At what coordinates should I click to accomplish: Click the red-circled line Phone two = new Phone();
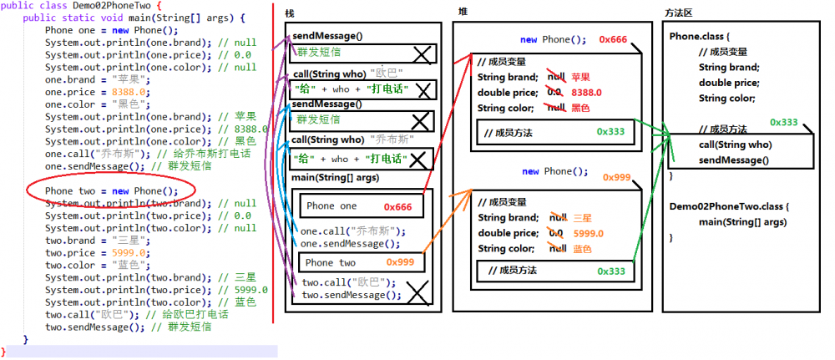[x=111, y=190]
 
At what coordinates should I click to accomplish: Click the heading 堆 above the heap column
[x=463, y=11]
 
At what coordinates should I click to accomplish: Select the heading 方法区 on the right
[x=681, y=14]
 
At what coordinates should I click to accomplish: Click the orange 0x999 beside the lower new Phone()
[x=616, y=177]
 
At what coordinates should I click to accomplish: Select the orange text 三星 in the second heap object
[x=582, y=218]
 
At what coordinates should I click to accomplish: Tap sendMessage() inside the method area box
[x=734, y=160]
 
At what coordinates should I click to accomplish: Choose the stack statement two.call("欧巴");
[x=347, y=282]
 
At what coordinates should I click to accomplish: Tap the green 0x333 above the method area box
[x=784, y=122]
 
